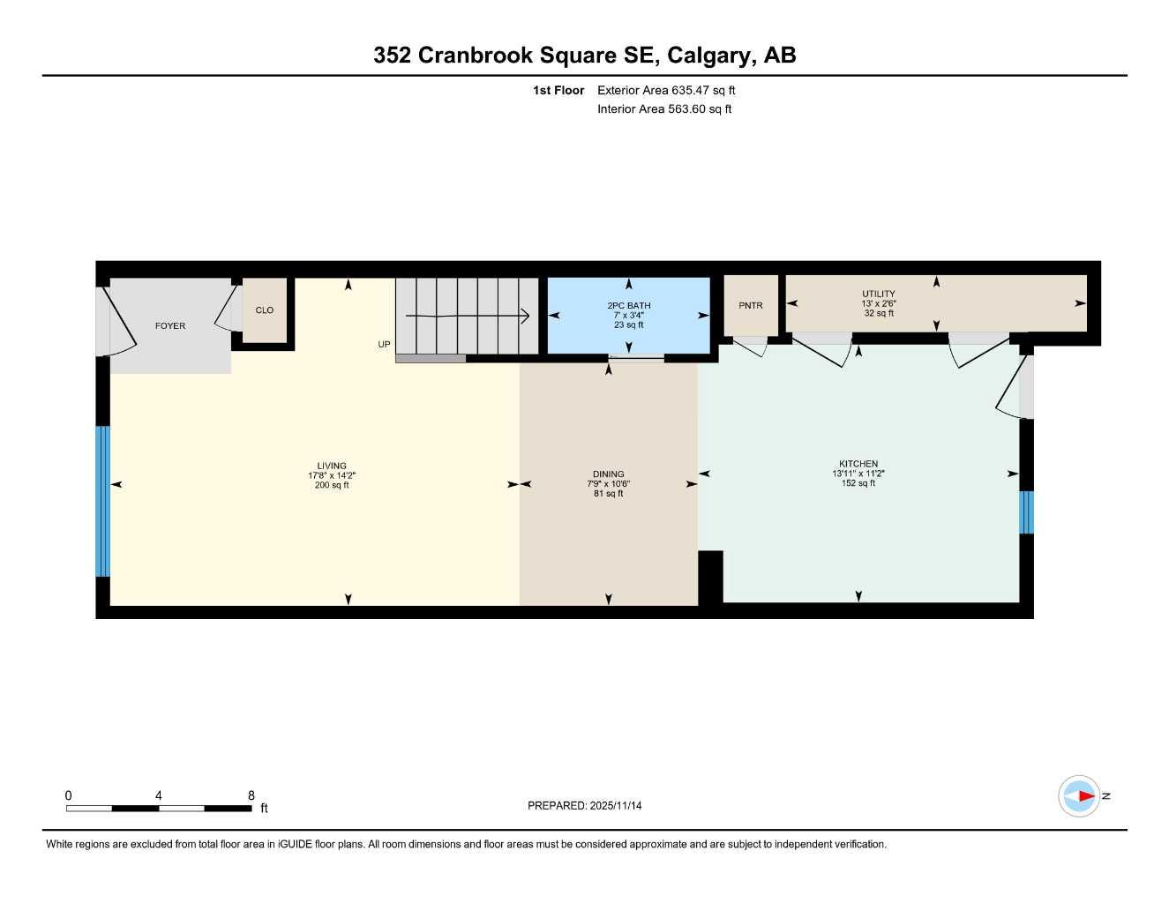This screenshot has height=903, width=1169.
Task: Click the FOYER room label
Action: coord(170,326)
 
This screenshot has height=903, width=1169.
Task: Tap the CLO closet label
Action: coord(265,310)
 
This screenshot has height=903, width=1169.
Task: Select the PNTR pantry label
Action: coord(751,306)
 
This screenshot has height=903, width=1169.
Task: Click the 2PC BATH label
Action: coord(629,306)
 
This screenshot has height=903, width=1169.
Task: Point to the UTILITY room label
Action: coord(879,295)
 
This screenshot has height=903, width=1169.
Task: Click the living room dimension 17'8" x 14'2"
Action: coord(332,475)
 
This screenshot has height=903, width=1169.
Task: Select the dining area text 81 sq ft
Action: coord(609,494)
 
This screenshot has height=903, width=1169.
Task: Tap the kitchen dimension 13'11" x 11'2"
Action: coord(858,474)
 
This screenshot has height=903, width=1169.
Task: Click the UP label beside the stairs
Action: coord(384,345)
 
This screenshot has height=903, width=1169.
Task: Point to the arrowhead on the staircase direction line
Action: coord(525,316)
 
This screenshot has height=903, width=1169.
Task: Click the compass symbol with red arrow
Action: coord(1080,796)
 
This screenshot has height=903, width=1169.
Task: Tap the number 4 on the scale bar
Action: coord(159,795)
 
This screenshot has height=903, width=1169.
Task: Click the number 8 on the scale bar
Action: coord(251,795)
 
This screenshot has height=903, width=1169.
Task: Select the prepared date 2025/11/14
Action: coord(616,806)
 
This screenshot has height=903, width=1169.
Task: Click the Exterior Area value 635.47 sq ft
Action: coord(703,90)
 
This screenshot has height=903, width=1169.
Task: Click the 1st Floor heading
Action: coord(558,90)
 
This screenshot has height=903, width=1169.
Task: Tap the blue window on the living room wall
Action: coord(102,501)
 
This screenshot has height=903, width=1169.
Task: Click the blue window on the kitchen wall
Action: coord(1026,512)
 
